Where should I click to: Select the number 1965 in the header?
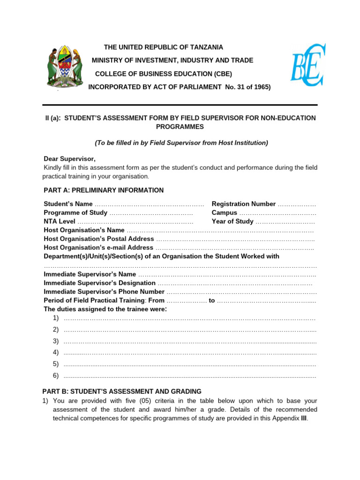point(260,87)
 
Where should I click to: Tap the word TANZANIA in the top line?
point(206,47)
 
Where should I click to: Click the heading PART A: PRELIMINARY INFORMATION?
point(104,190)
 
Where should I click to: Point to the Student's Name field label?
point(68,204)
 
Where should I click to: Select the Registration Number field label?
point(244,204)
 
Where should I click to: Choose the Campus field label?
point(225,213)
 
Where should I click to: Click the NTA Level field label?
point(60,222)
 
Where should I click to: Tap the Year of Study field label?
point(232,222)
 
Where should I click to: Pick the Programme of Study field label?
point(75,213)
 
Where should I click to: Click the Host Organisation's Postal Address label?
point(98,239)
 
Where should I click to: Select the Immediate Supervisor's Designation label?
point(99,283)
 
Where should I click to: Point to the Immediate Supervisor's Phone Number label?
point(104,292)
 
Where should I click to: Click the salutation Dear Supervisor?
point(69,159)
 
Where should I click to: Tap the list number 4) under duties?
point(56,352)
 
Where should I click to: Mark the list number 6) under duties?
point(56,375)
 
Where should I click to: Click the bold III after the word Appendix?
point(304,419)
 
